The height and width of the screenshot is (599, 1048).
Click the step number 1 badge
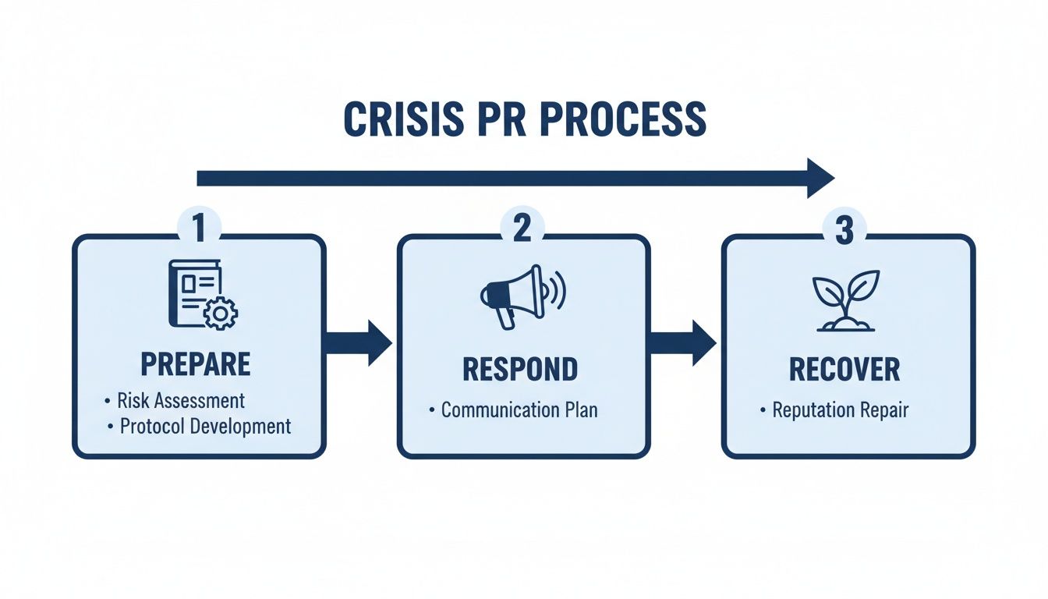(x=199, y=228)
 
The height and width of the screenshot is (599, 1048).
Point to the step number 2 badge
(x=522, y=228)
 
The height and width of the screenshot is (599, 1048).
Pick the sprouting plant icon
(x=846, y=300)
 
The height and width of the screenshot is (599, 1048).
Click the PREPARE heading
(x=196, y=364)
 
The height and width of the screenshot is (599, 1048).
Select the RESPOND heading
(x=520, y=370)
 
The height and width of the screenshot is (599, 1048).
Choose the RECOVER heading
(x=844, y=370)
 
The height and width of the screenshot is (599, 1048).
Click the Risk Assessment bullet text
(x=181, y=401)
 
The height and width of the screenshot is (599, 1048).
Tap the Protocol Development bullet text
(x=205, y=426)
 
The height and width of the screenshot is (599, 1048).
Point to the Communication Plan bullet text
(x=519, y=409)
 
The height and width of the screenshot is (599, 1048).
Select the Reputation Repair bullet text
(x=841, y=409)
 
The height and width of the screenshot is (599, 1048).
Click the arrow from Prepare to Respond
(x=358, y=342)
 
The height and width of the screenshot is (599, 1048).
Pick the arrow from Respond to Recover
(x=682, y=342)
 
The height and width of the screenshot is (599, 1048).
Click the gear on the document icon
(x=221, y=313)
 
